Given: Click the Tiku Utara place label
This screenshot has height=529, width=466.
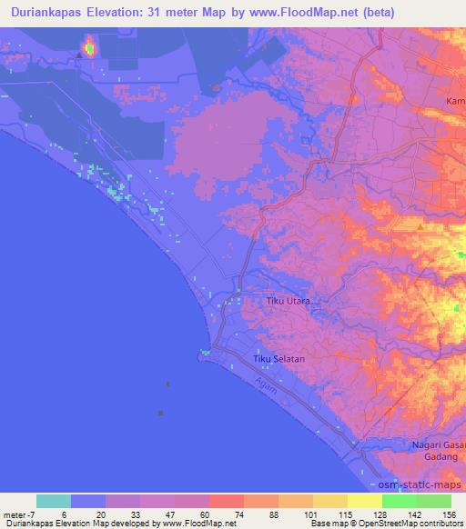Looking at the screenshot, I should coord(288,300).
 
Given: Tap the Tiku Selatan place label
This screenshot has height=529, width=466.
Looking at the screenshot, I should coord(279,360).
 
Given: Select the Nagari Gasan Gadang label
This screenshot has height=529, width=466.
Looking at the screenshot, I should coord(432,451).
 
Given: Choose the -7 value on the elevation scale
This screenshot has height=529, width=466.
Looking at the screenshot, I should coord(30,514).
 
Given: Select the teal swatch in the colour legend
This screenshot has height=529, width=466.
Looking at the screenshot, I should coord(54,501).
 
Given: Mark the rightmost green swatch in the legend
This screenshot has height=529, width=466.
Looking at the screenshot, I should coord(434,501).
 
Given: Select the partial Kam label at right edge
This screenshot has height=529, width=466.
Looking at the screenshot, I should coord(456,101).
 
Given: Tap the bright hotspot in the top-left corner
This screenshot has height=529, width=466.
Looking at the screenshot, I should coord(89,46).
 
